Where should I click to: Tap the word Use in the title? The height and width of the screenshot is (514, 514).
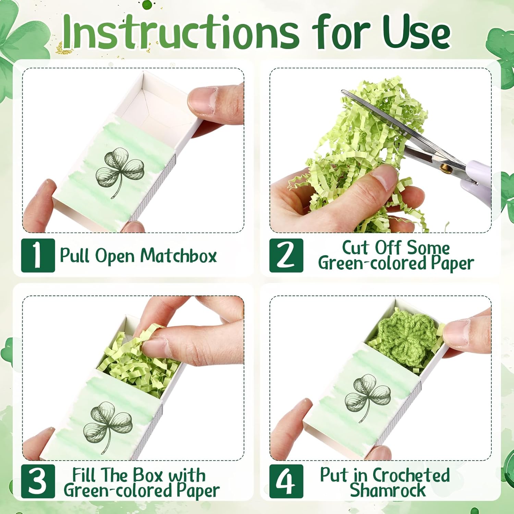pyautogui.click(x=416, y=33)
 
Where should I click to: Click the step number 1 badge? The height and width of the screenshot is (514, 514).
pyautogui.click(x=38, y=255)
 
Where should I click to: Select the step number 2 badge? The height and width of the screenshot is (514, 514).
pyautogui.click(x=286, y=255)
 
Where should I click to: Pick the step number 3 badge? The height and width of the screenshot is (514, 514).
pyautogui.click(x=38, y=481)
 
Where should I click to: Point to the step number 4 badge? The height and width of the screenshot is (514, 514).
pyautogui.click(x=286, y=481)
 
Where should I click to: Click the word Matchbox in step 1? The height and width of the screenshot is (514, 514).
pyautogui.click(x=179, y=256)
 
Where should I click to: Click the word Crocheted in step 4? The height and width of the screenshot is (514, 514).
pyautogui.click(x=411, y=475)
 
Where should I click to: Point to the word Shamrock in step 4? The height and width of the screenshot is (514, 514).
pyautogui.click(x=388, y=490)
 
